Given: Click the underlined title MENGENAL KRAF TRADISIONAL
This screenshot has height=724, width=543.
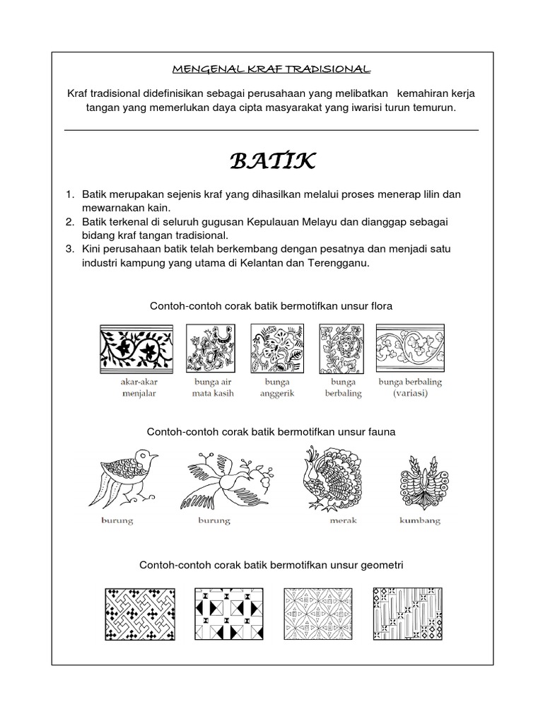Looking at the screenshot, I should pos(271,69).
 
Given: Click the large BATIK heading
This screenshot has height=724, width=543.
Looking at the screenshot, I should pos(272,161).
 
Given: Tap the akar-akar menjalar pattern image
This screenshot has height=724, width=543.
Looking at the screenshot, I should pos(138,349).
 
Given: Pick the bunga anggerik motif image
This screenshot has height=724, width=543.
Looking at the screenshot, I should pos(277,349).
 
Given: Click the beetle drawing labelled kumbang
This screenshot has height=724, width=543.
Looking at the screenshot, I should pos(420,479).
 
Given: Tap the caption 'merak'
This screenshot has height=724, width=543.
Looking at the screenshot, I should pos(344,521).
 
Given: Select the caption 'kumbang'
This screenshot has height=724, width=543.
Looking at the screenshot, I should pos(420,521).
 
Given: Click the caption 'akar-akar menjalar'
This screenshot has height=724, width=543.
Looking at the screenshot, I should pos(138,388).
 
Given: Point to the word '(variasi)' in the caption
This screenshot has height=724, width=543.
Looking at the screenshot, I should pos(410,394).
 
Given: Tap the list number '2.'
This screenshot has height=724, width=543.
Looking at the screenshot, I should pos(69,221).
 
